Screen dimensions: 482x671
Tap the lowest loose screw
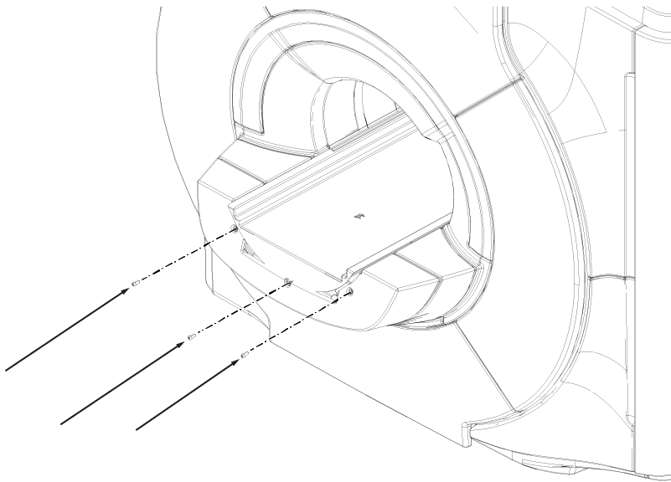point(243,356)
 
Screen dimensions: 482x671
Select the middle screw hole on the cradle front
point(287,281)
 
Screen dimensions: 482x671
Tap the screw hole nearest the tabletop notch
point(350,292)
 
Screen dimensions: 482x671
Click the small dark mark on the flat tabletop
point(358,216)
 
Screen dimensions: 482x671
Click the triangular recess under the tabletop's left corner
point(247,248)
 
